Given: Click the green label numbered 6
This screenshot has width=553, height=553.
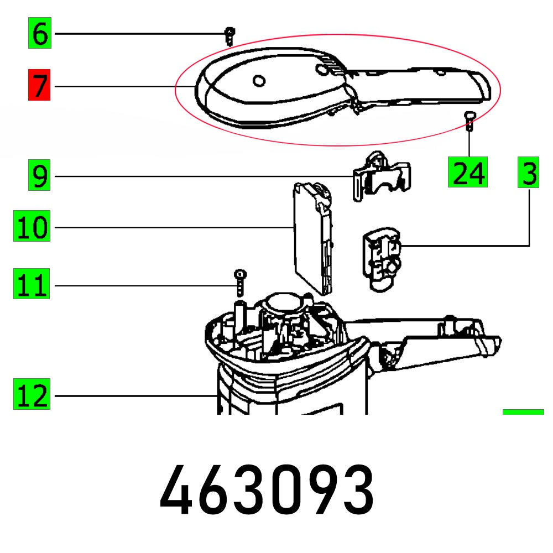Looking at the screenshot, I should [40, 34].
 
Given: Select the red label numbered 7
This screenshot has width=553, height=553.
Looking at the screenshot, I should [39, 86].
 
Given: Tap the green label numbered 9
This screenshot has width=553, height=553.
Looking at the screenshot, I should [40, 176].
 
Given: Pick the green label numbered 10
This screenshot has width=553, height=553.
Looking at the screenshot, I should [33, 227].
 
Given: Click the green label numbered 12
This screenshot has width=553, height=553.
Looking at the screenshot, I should [33, 395].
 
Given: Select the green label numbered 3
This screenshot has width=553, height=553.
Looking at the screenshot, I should [529, 173].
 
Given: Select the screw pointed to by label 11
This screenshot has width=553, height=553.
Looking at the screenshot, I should [239, 282].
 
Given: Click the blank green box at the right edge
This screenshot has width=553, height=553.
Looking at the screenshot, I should [523, 411].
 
